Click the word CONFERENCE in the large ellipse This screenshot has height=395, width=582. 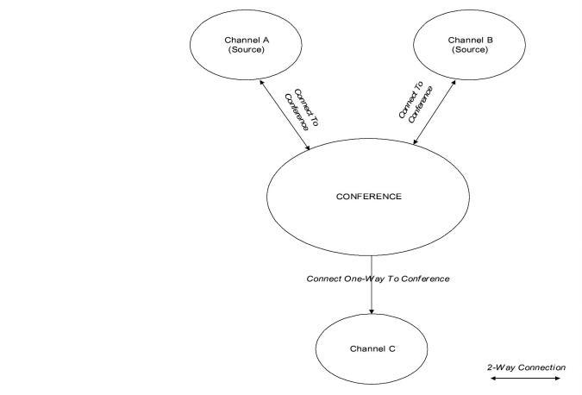point(368,197)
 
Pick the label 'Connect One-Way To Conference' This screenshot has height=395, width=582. point(378,279)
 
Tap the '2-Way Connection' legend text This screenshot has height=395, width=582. point(525,367)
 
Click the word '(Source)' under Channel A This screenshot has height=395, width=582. point(247,50)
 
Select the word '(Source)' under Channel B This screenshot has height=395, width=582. point(471,50)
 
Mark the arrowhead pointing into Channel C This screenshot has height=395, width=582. point(372,310)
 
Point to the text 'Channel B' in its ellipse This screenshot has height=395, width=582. point(471,40)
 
